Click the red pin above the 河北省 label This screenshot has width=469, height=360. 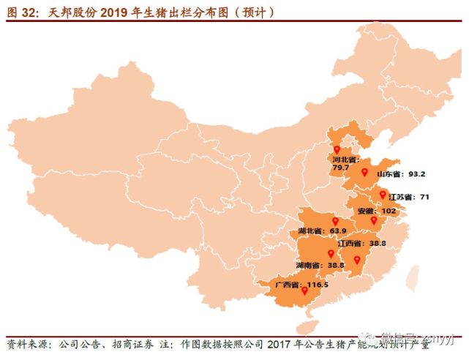pos(337,149)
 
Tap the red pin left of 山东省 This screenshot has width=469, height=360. pos(364,173)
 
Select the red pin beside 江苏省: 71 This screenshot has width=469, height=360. pos(382,194)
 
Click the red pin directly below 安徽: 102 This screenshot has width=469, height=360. pos(372,220)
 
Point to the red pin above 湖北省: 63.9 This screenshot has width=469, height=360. pos(335,220)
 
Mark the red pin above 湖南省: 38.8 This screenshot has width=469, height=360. pos(331,253)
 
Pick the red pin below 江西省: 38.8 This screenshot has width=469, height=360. pos(357,260)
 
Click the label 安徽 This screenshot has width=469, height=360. pos(367,211)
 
